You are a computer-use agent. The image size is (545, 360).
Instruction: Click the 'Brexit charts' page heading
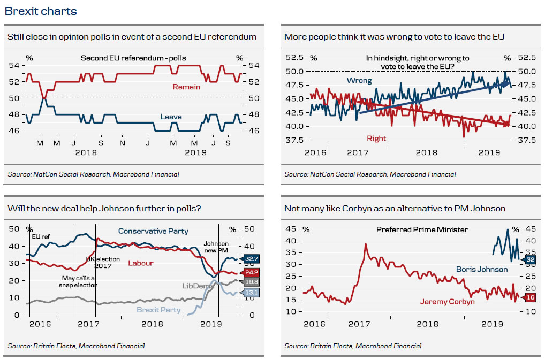pyautogui.click(x=41, y=11)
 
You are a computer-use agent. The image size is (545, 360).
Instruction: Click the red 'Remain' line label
pyautogui.click(x=186, y=87)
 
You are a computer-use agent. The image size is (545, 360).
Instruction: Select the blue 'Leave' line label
pyautogui.click(x=171, y=117)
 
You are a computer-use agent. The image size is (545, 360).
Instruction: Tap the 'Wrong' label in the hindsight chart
pyautogui.click(x=359, y=81)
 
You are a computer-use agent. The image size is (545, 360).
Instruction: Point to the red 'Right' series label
pyautogui.click(x=376, y=139)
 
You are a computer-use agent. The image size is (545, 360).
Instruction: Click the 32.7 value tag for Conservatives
pyautogui.click(x=252, y=259)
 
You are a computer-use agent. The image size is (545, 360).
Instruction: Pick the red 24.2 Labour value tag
pyautogui.click(x=252, y=272)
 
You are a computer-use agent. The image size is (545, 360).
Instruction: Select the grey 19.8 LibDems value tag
pyautogui.click(x=252, y=281)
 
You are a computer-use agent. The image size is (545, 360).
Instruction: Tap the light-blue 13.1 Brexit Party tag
pyautogui.click(x=252, y=292)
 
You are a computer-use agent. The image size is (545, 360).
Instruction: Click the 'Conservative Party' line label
pyautogui.click(x=153, y=231)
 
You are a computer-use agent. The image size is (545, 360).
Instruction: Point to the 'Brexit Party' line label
pyautogui.click(x=158, y=310)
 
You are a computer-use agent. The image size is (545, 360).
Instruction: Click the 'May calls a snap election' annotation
pyautogui.click(x=78, y=281)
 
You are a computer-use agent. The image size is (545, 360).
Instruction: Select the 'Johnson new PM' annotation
pyautogui.click(x=216, y=247)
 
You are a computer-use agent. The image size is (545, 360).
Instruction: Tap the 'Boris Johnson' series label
pyautogui.click(x=482, y=269)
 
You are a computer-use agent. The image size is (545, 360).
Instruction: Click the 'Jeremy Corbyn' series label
pyautogui.click(x=447, y=302)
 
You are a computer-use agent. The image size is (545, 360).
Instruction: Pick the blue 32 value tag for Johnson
pyautogui.click(x=529, y=259)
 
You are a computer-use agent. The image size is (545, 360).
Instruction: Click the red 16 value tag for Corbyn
pyautogui.click(x=529, y=297)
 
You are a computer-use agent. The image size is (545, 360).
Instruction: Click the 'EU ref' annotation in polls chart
pyautogui.click(x=42, y=236)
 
